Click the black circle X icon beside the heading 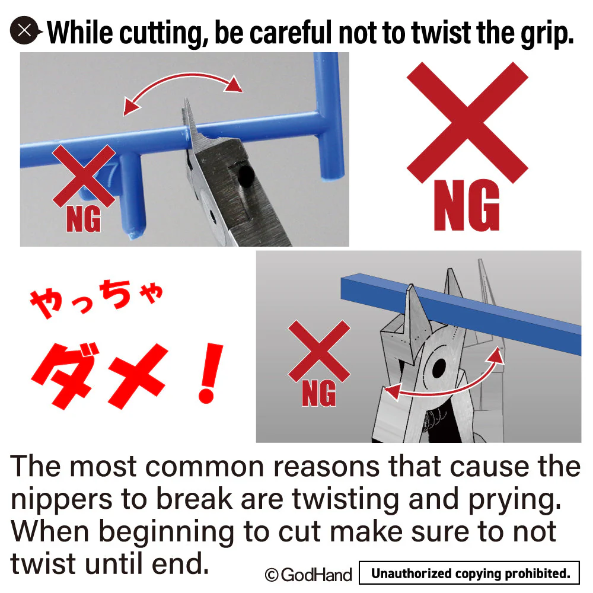[x=24, y=30]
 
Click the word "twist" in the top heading [x=441, y=33]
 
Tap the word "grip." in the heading [x=547, y=34]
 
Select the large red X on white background [x=467, y=123]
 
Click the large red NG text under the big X [x=467, y=205]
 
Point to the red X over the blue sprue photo [x=84, y=176]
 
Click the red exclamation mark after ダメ [x=211, y=373]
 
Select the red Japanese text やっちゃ [x=97, y=299]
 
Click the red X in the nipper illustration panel [x=319, y=351]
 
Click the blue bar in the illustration [x=461, y=314]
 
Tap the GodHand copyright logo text [x=308, y=575]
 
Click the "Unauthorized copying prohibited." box [x=469, y=573]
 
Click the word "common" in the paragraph [x=205, y=467]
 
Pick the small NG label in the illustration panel [x=319, y=394]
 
